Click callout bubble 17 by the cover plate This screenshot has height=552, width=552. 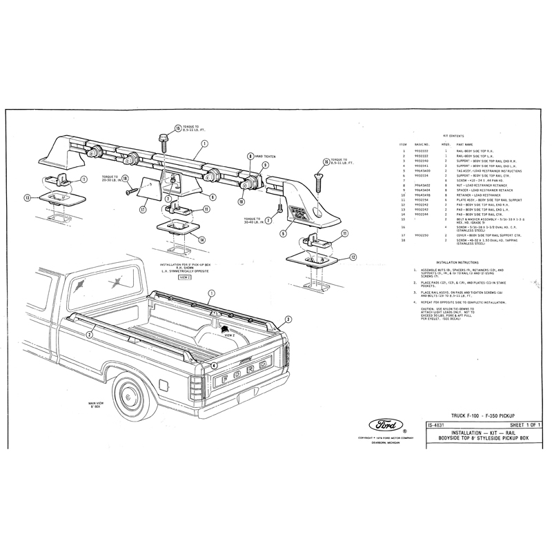pyautogui.click(x=144, y=209)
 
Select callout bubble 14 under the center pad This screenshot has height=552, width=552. pyautogui.click(x=202, y=239)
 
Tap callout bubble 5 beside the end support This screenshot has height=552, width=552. pyautogui.click(x=283, y=233)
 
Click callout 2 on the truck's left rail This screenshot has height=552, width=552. pyautogui.click(x=90, y=335)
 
